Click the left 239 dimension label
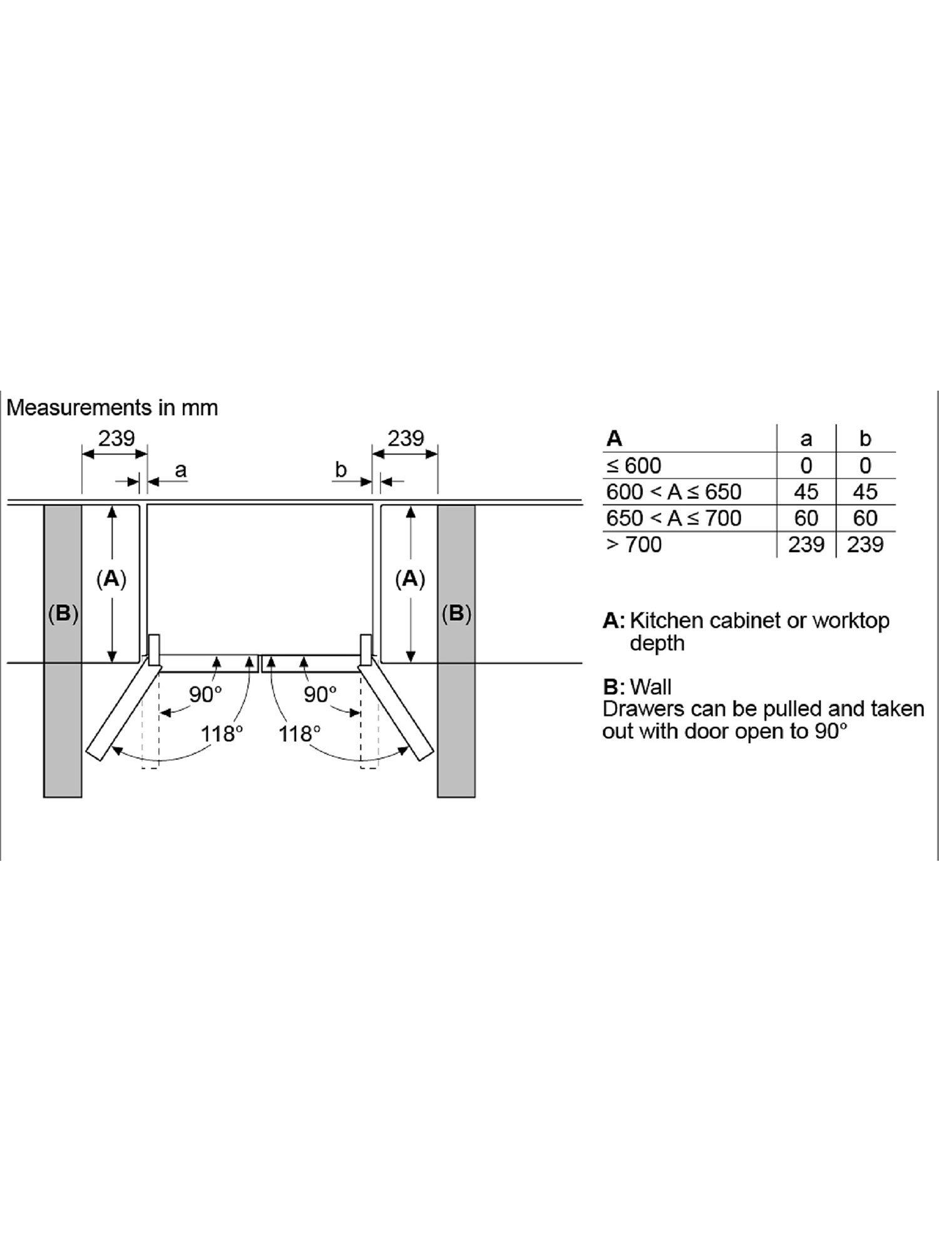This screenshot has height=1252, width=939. click(116, 438)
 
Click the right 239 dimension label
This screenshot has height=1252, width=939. click(406, 438)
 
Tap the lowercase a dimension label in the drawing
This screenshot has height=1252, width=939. click(180, 469)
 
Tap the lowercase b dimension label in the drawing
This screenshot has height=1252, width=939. click(341, 469)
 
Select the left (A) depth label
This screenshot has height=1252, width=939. click(111, 579)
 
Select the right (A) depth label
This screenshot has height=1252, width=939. click(410, 579)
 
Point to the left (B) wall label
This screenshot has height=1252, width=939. click(63, 613)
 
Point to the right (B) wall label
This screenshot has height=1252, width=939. click(456, 613)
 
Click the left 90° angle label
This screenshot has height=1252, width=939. click(205, 694)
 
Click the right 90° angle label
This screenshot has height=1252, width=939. click(320, 694)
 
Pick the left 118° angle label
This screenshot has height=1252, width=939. click(222, 733)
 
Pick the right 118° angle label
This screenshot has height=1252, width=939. click(300, 733)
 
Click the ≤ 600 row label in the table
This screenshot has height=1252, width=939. click(634, 466)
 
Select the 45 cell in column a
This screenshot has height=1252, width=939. click(806, 492)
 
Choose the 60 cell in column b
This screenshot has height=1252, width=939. click(865, 518)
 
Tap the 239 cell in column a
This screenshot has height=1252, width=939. click(806, 545)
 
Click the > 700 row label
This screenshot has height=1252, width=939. click(634, 545)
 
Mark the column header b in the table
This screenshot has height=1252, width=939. click(865, 439)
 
